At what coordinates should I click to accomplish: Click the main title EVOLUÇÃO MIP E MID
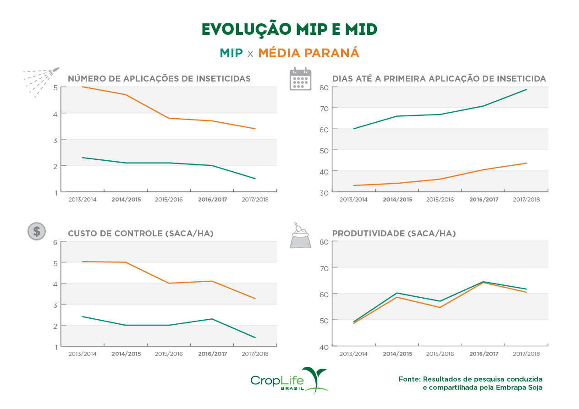point(289,29)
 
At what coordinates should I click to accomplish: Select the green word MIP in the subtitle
point(231,53)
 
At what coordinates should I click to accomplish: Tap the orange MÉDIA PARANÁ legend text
point(309,53)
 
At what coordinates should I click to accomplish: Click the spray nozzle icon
point(41,81)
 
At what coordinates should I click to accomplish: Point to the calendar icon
point(300,79)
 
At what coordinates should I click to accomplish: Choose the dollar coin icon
point(37,231)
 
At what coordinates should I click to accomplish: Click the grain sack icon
point(300,236)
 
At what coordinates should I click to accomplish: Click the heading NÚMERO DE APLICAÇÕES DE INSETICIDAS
point(159,79)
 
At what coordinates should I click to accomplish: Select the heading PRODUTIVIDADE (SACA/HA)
point(394,234)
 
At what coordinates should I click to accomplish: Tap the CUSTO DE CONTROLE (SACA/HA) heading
point(141,234)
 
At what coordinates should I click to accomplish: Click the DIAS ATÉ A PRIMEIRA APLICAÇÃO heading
point(439,79)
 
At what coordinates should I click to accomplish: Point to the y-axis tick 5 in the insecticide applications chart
point(55,87)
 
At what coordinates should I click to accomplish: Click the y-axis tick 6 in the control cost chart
point(55,242)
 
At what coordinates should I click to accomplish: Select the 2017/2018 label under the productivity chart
point(526,354)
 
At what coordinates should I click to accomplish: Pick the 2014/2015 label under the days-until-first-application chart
point(397,200)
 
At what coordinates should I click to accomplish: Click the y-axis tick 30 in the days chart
point(324,193)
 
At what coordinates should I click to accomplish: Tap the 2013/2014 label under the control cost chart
point(83,354)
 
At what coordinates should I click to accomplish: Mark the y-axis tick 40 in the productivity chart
point(324,347)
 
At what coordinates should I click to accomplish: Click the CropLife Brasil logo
point(289,381)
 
